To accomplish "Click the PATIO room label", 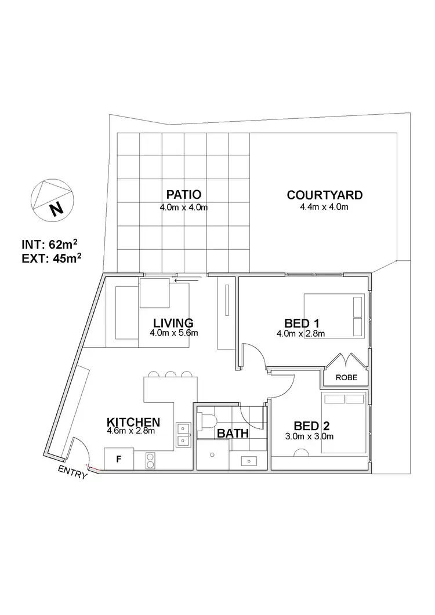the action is [x=183, y=194].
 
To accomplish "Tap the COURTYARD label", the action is [x=324, y=194].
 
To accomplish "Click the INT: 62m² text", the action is [x=49, y=244].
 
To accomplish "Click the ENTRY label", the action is [x=73, y=472].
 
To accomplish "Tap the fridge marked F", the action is [x=119, y=459].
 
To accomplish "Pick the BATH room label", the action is [x=233, y=433].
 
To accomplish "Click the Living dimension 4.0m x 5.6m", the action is [x=174, y=333].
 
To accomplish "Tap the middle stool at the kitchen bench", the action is [x=171, y=374].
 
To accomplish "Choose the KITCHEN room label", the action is [x=133, y=421].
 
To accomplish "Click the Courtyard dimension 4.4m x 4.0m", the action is [x=324, y=206].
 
